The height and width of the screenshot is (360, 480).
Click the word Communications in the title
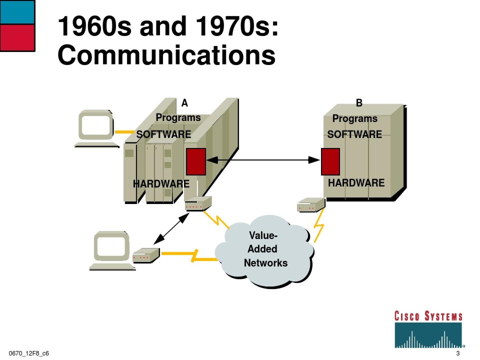tap(167, 55)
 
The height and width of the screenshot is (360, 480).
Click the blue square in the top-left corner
tap(17, 12)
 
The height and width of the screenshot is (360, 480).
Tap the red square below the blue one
tap(17, 38)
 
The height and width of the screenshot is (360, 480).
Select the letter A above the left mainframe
tap(184, 103)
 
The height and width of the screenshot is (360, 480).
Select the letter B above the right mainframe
tap(359, 103)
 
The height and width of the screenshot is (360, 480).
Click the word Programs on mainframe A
tap(178, 118)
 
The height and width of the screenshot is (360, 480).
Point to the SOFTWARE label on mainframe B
tap(354, 134)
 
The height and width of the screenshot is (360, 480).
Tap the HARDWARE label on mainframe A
tap(161, 184)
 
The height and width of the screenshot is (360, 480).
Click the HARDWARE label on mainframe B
tap(356, 183)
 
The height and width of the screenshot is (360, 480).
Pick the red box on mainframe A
tap(196, 162)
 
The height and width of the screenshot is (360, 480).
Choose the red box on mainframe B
tap(330, 162)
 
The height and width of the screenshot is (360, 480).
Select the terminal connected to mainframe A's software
tap(96, 128)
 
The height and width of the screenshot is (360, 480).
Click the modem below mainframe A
tap(198, 203)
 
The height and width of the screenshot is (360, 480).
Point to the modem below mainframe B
tap(311, 205)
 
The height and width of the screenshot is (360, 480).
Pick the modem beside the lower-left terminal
tap(146, 255)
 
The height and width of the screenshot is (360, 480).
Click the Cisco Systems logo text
tap(428, 316)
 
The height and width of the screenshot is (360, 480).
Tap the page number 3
tap(458, 353)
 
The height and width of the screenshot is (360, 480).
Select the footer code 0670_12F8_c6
tap(29, 353)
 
